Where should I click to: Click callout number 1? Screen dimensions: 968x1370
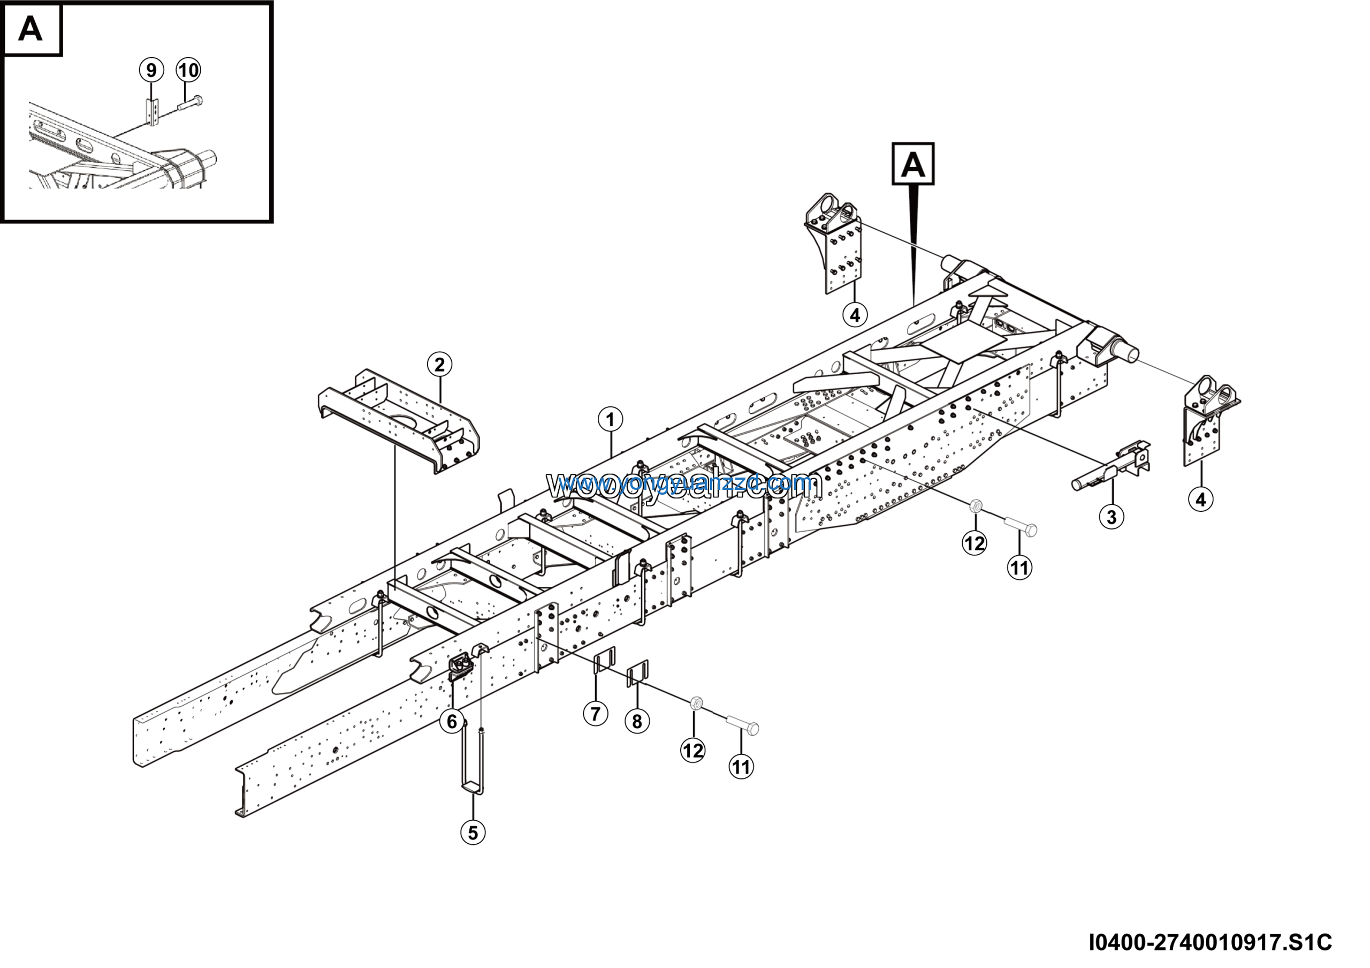pyautogui.click(x=610, y=420)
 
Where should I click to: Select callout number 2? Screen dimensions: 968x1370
pyautogui.click(x=439, y=364)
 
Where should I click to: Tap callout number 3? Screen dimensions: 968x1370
pyautogui.click(x=1111, y=516)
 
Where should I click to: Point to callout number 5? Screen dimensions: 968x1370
pyautogui.click(x=473, y=832)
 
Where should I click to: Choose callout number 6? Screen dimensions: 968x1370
pyautogui.click(x=452, y=722)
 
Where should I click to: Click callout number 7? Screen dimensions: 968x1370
pyautogui.click(x=595, y=713)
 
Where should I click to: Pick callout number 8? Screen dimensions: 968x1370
pyautogui.click(x=637, y=721)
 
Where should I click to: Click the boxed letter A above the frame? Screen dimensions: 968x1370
pyautogui.click(x=912, y=163)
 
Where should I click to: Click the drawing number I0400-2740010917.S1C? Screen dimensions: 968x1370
pyautogui.click(x=1210, y=942)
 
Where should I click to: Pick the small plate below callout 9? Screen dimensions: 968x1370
pyautogui.click(x=154, y=111)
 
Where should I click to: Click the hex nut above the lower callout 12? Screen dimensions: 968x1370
pyautogui.click(x=695, y=703)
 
